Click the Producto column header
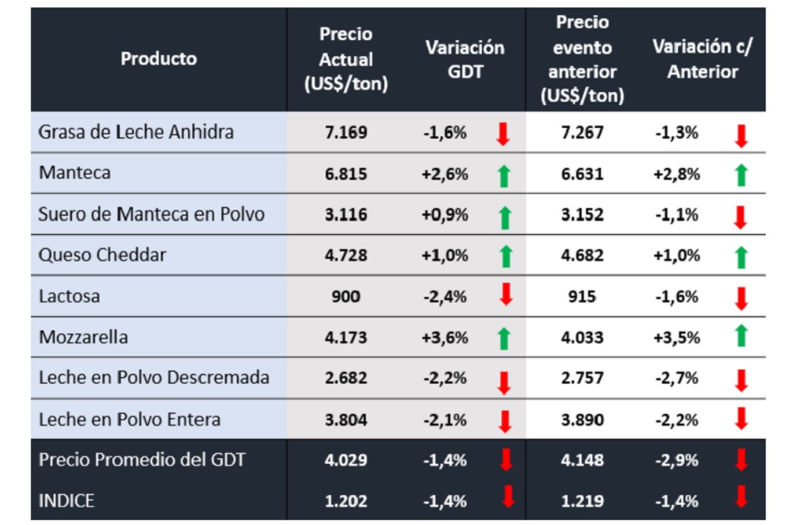159,59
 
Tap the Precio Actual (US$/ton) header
346,59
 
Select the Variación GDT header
465,59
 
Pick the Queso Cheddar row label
102,255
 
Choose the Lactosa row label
68,296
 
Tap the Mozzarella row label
83,337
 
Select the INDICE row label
66,501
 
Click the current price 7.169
346,132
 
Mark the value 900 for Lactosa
346,296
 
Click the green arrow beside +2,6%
503,175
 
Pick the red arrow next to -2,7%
740,380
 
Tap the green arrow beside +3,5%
740,338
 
